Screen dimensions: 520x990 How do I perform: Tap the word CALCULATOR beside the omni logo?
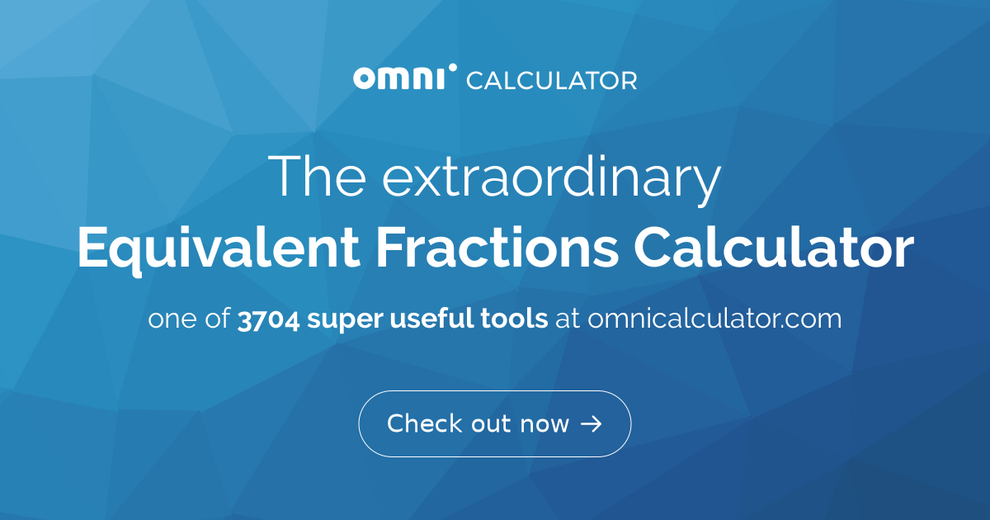pyautogui.click(x=551, y=80)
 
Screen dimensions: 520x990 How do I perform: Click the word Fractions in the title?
pyautogui.click(x=488, y=248)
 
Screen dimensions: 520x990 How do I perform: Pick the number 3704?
pyautogui.click(x=268, y=319)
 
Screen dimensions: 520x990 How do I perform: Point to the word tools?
pyautogui.click(x=513, y=319)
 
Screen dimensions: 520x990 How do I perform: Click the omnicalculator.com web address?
pyautogui.click(x=714, y=319)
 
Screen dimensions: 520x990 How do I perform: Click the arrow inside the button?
pyautogui.click(x=592, y=424)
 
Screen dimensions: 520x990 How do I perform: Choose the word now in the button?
pyautogui.click(x=544, y=424)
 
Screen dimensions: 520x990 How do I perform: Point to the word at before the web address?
pyautogui.click(x=568, y=319)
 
